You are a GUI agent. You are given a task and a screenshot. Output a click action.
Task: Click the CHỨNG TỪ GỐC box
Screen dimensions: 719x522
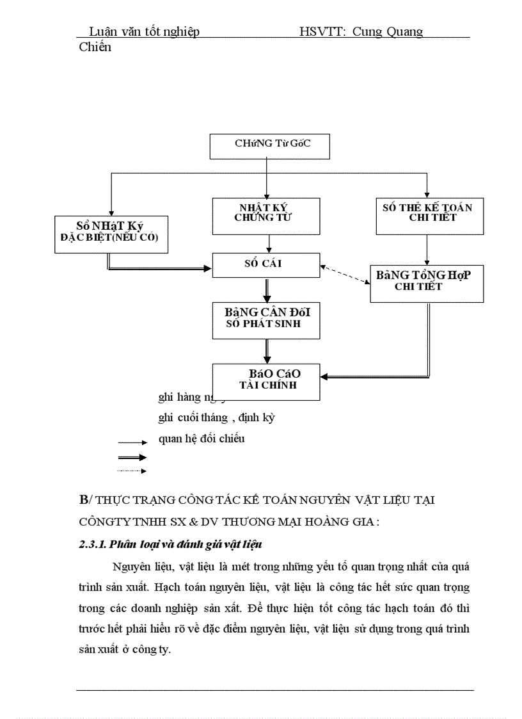pos(269,147)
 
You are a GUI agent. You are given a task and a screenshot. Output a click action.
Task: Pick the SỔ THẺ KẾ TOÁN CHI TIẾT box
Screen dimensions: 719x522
pos(427,216)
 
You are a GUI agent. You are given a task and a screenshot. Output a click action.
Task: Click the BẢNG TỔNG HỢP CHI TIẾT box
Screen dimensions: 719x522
pos(427,283)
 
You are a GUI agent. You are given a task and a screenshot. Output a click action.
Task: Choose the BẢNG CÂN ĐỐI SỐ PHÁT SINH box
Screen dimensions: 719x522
pos(266,320)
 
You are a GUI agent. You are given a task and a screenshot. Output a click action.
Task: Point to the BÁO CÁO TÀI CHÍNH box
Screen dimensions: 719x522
pos(266,382)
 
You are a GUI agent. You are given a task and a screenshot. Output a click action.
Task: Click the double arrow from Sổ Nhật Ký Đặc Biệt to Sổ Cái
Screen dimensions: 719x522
pos(160,268)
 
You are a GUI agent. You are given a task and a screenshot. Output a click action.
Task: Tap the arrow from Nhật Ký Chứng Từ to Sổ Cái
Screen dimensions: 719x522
pos(269,243)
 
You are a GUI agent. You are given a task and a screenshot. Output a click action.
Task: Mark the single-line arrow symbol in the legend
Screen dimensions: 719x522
pos(132,442)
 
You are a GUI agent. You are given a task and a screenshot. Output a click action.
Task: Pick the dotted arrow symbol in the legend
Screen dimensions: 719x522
pos(132,471)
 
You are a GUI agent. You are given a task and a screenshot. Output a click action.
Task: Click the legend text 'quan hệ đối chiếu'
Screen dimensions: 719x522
pos(202,439)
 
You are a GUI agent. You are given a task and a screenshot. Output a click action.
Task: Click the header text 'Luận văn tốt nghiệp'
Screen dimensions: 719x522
pos(144,31)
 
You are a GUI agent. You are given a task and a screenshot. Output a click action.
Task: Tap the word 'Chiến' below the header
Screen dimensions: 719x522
pos(95,47)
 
